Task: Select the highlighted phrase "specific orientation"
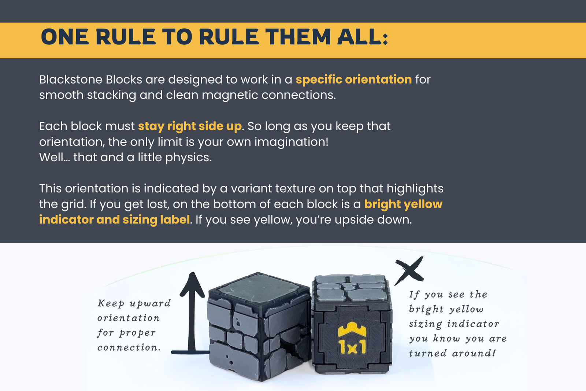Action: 354,80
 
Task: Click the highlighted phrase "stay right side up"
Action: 190,126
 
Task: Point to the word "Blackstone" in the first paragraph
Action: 71,80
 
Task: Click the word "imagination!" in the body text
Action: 292,142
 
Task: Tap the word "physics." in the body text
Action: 188,158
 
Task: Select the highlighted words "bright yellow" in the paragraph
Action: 403,204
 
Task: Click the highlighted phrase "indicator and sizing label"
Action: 114,220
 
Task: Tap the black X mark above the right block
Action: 409,270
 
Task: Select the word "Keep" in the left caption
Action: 111,303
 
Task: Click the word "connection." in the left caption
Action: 129,348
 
